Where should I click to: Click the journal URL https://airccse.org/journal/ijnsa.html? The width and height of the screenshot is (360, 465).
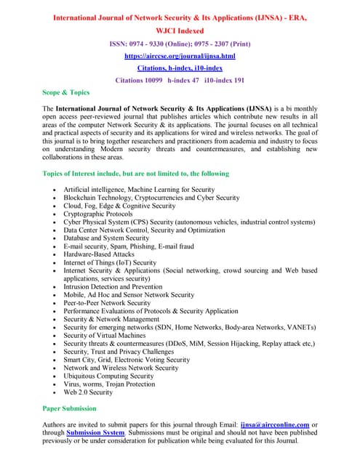[180, 55]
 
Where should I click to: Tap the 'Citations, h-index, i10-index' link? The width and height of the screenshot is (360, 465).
[180, 68]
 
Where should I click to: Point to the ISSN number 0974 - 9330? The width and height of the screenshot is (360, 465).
[153, 44]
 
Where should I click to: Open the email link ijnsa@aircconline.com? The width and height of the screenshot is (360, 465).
[295, 424]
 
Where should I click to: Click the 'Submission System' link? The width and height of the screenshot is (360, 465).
[95, 433]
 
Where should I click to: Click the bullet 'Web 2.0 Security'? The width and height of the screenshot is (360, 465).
[88, 392]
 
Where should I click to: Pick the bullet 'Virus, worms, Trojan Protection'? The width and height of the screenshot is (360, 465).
[110, 384]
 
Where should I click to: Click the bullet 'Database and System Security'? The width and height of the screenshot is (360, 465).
[106, 238]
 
